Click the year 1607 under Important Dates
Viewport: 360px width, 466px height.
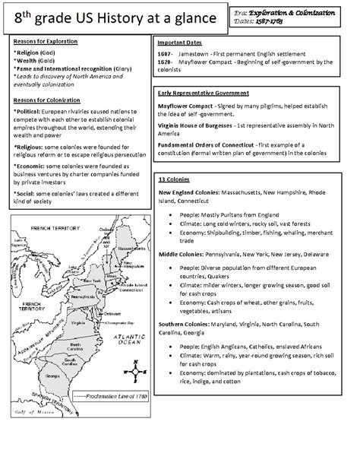pos(166,55)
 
